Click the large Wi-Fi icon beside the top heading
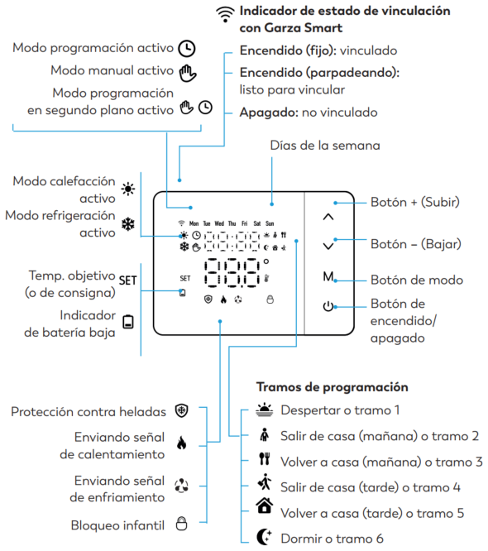(x=225, y=15)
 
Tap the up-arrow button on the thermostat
(x=328, y=217)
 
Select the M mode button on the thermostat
(x=328, y=276)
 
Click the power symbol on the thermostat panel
(x=328, y=306)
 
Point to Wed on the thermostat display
(x=219, y=223)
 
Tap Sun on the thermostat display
(x=270, y=223)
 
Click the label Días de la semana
(x=325, y=146)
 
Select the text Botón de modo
(x=417, y=280)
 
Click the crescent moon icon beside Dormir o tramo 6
(x=264, y=537)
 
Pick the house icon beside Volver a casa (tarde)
(x=265, y=505)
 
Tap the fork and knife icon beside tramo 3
(x=264, y=458)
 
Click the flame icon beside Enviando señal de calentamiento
(x=182, y=443)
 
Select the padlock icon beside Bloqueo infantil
(x=181, y=523)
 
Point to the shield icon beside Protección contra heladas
(x=182, y=410)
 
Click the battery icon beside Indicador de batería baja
(x=128, y=322)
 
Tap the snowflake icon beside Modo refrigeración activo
(x=128, y=224)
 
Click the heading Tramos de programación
(x=332, y=387)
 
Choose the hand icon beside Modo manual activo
(x=188, y=73)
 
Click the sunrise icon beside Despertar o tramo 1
(x=265, y=410)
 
